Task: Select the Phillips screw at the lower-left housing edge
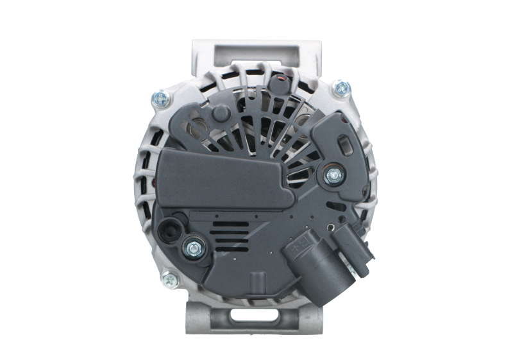pyautogui.click(x=169, y=279)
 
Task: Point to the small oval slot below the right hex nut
pyautogui.click(x=331, y=205)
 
